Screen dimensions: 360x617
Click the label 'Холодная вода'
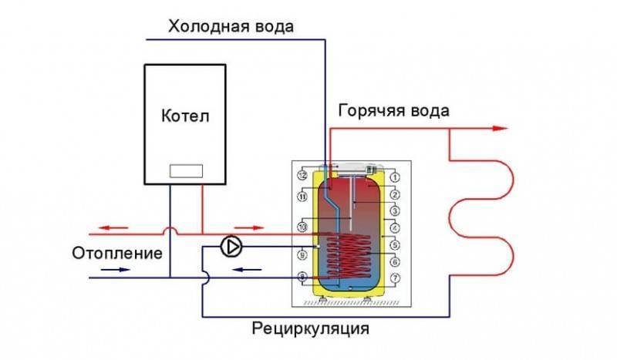231,25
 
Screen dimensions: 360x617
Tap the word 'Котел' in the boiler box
185,116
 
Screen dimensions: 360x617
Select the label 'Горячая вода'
393,111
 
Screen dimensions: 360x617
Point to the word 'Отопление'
117,252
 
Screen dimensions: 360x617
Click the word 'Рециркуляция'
311,329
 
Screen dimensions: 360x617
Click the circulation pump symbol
231,247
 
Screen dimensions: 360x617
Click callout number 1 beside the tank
394,177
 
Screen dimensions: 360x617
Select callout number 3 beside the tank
394,210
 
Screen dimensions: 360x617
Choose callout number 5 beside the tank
394,244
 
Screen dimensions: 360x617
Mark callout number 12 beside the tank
302,177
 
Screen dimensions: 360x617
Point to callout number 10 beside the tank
302,227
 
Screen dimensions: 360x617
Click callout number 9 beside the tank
302,253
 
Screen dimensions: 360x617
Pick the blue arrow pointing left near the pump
245,269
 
